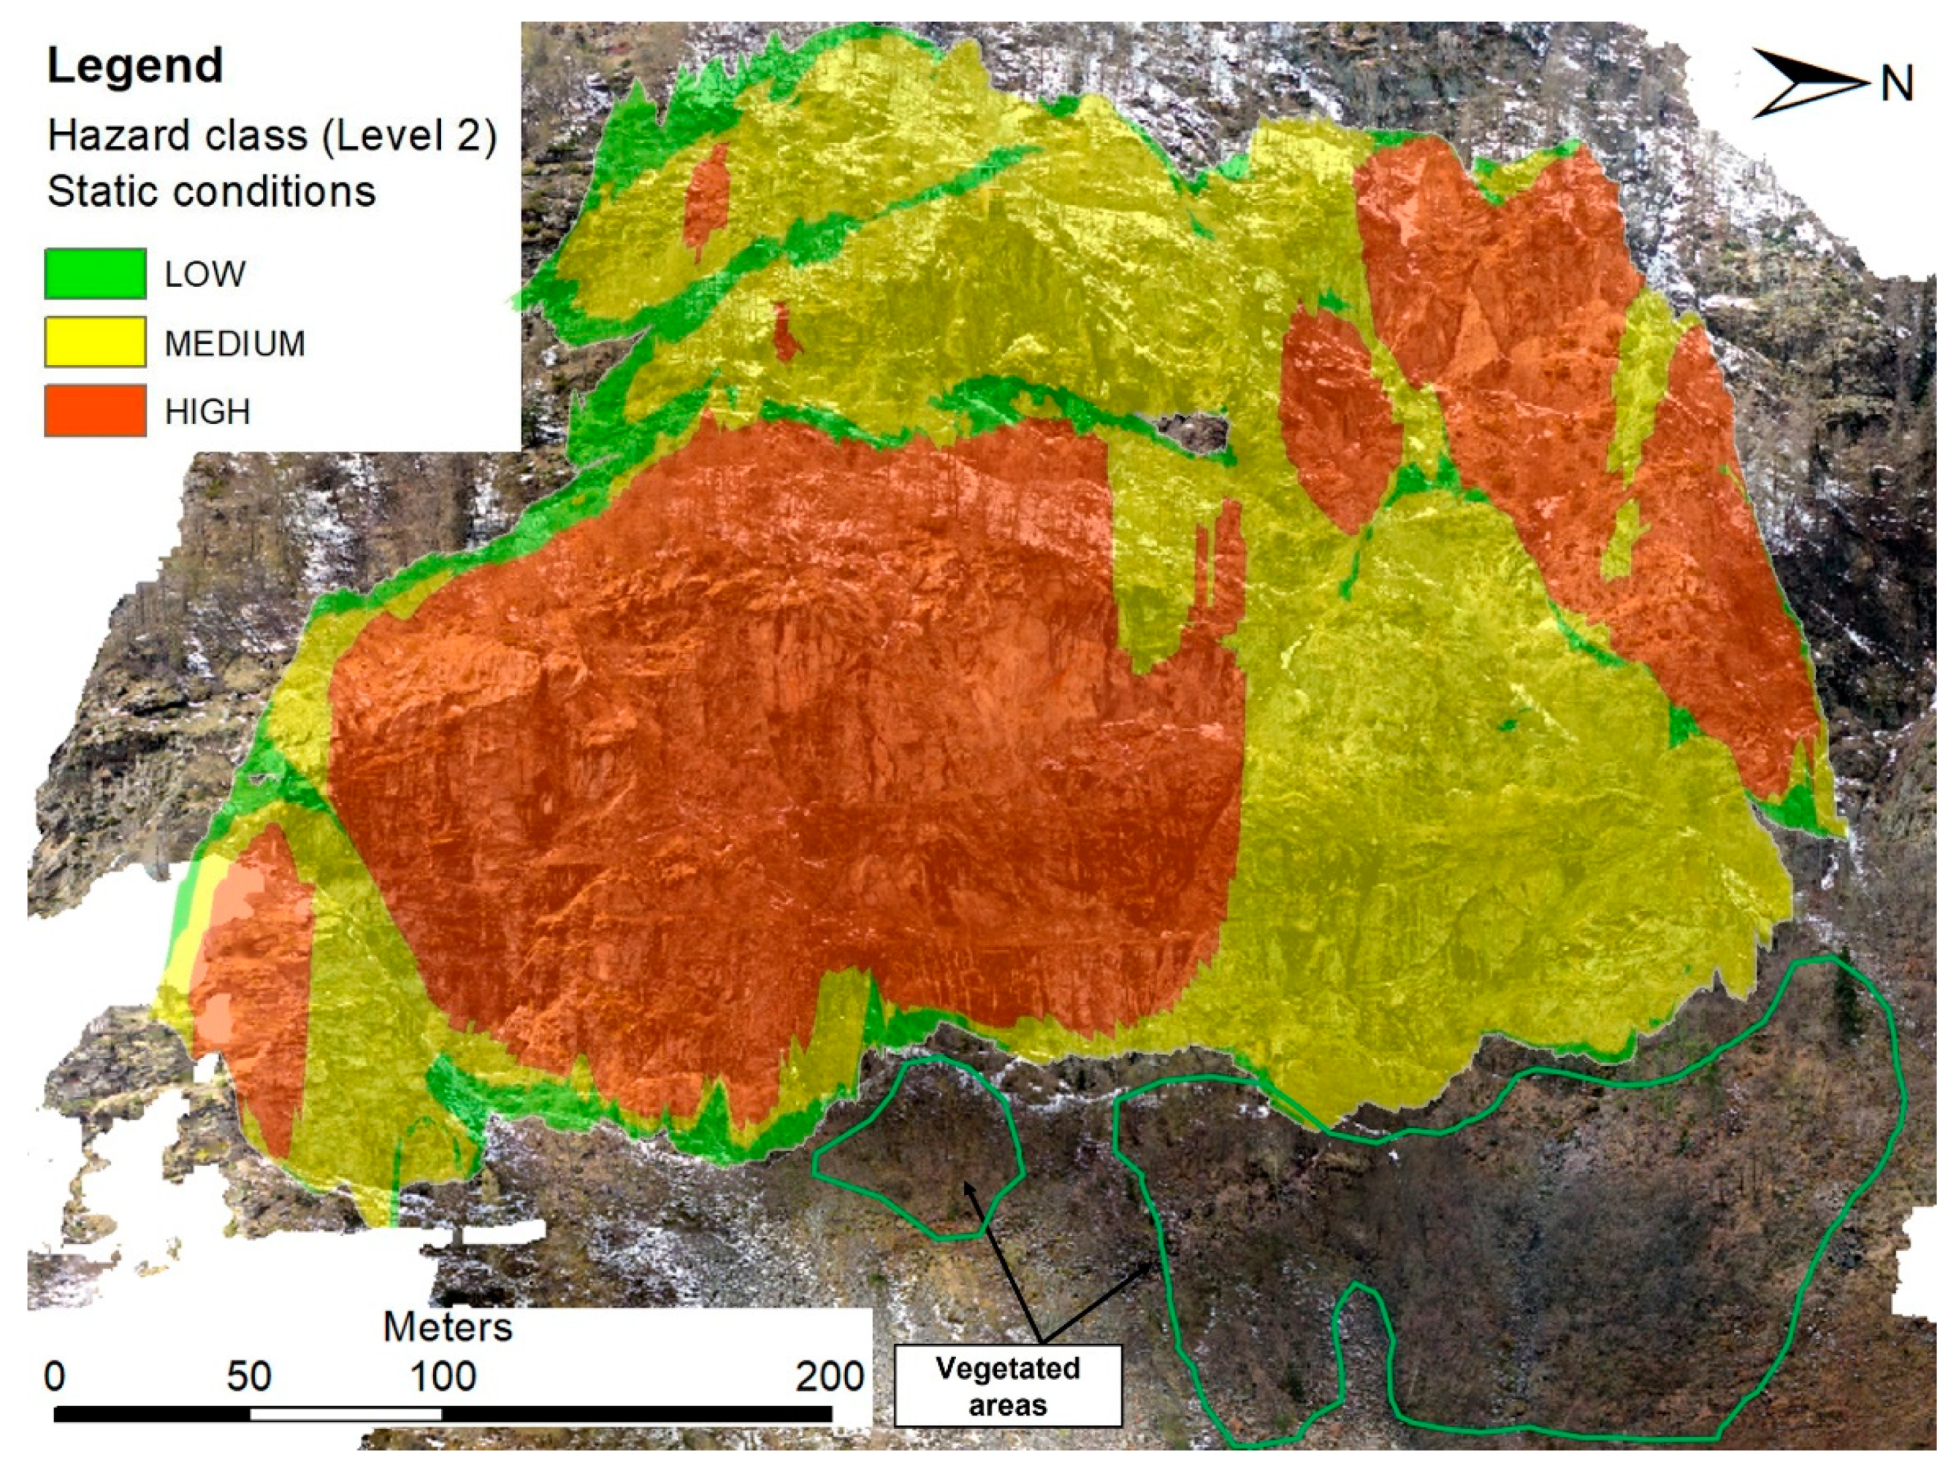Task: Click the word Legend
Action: pyautogui.click(x=134, y=67)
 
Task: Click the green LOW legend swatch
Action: pyautogui.click(x=96, y=274)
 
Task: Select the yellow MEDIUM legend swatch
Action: pyautogui.click(x=96, y=342)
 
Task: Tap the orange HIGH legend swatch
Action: pyautogui.click(x=96, y=410)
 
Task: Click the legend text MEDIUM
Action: pyautogui.click(x=234, y=343)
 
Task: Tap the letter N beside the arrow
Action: pyautogui.click(x=1896, y=85)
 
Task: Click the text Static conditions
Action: pyautogui.click(x=212, y=191)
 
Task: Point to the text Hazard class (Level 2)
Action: pyautogui.click(x=272, y=135)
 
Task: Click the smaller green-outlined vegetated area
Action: pyautogui.click(x=918, y=1147)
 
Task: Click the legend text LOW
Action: pyautogui.click(x=205, y=275)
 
